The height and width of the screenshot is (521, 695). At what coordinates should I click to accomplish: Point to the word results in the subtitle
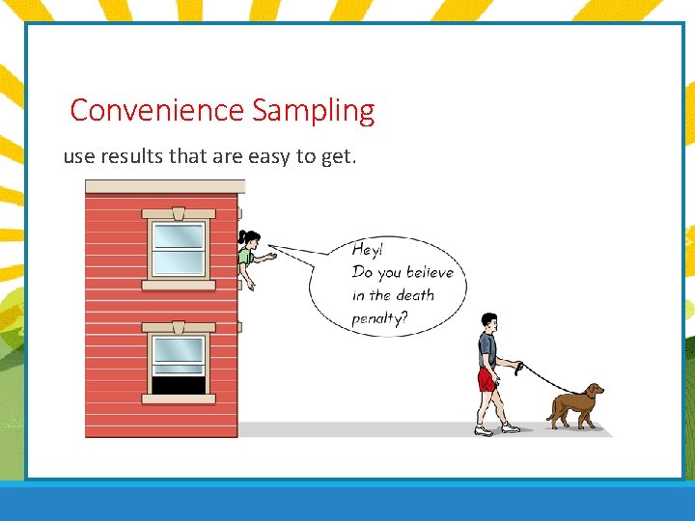130,156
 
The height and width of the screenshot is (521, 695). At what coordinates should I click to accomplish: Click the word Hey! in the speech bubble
367,249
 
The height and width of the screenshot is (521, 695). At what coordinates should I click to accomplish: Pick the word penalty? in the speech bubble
379,318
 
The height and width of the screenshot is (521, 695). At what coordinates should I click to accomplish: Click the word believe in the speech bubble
429,272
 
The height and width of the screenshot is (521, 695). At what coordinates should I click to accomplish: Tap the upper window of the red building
178,249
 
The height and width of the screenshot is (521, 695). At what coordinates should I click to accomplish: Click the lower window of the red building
178,362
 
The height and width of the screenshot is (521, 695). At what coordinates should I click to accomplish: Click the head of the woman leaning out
249,238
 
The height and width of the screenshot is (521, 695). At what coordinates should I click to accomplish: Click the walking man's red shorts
486,379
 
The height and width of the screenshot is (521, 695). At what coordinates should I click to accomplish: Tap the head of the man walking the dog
488,321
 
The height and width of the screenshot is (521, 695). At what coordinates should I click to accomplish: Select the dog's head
593,392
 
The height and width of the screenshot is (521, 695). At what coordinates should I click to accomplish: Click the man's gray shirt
487,348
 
